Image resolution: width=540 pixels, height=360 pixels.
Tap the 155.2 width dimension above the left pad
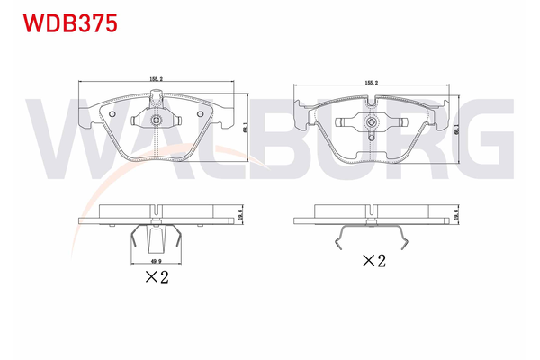[157, 78]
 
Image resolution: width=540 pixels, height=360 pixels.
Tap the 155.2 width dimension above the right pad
[371, 82]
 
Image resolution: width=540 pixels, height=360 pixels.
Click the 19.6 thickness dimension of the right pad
[458, 216]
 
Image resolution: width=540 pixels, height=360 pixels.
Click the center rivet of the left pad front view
[157, 121]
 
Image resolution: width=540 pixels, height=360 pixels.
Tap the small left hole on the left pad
[112, 114]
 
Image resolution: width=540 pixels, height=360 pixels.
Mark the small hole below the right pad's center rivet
[371, 137]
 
